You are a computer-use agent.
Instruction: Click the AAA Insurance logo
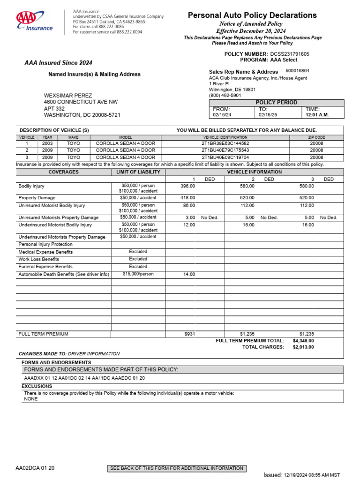pyautogui.click(x=35, y=22)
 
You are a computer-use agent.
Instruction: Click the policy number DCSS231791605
pyautogui.click(x=290, y=54)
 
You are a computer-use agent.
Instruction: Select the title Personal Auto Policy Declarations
pyautogui.click(x=252, y=15)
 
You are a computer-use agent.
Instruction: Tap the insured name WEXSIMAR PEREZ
pyautogui.click(x=68, y=95)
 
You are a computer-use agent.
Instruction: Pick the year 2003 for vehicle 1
pyautogui.click(x=47, y=143)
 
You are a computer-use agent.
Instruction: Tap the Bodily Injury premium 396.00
pyautogui.click(x=187, y=186)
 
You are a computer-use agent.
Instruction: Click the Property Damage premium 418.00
pyautogui.click(x=187, y=198)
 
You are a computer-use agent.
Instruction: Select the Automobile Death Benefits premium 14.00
pyautogui.click(x=189, y=274)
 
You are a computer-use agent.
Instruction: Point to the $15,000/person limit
pyautogui.click(x=138, y=274)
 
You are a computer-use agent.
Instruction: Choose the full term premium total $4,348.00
pyautogui.click(x=303, y=341)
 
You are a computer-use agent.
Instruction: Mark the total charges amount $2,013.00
pyautogui.click(x=303, y=347)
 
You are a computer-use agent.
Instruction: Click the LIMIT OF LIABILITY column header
pyautogui.click(x=138, y=172)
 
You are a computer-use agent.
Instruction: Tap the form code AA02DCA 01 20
pyautogui.click(x=35, y=468)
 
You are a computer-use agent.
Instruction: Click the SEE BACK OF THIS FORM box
pyautogui.click(x=176, y=468)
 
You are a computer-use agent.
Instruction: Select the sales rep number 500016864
pyautogui.click(x=297, y=71)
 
